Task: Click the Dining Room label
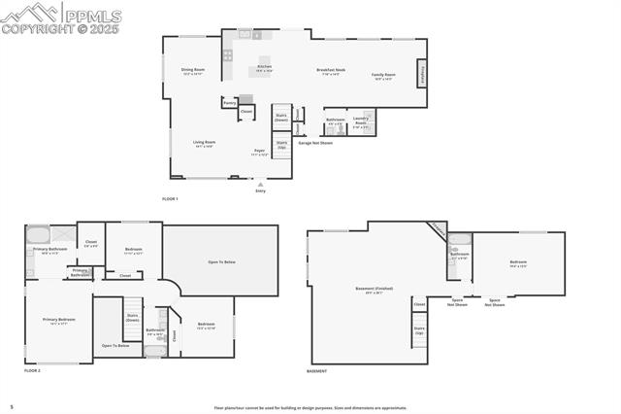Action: [x=192, y=71]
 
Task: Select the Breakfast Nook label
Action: [x=331, y=71]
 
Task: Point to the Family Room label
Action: [x=384, y=76]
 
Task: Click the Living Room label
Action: [x=203, y=143]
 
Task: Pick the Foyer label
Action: [x=259, y=152]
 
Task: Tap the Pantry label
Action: [x=229, y=102]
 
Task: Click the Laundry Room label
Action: [x=360, y=122]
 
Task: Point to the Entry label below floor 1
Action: [x=260, y=190]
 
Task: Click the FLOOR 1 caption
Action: [x=170, y=198]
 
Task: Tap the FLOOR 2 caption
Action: [x=33, y=371]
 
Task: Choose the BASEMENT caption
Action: [x=316, y=371]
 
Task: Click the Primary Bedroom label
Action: [x=58, y=321]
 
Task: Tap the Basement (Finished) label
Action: [x=372, y=290]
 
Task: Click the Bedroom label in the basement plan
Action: [x=518, y=263]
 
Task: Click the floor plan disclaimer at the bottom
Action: [x=310, y=408]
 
